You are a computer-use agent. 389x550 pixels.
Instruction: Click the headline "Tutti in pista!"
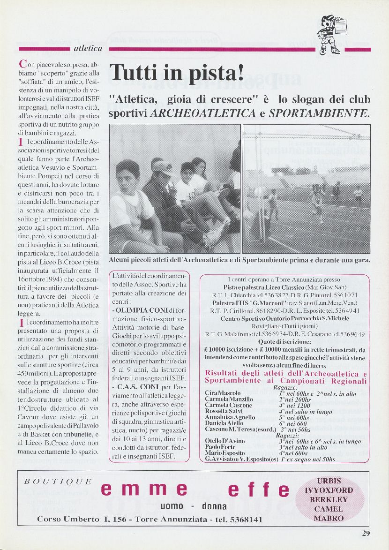[x=177, y=72]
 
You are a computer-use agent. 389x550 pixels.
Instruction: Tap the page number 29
[x=366, y=533]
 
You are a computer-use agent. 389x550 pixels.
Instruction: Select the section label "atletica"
[x=88, y=49]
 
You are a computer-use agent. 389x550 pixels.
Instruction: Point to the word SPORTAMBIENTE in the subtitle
[x=319, y=113]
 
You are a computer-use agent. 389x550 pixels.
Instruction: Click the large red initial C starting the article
[x=22, y=64]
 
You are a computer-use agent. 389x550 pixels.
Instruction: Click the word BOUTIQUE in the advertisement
[x=58, y=482]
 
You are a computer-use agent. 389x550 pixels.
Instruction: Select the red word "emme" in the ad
[x=144, y=489]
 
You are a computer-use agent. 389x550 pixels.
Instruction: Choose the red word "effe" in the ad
[x=259, y=489]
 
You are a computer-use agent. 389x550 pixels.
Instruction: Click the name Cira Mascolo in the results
[x=223, y=393]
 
